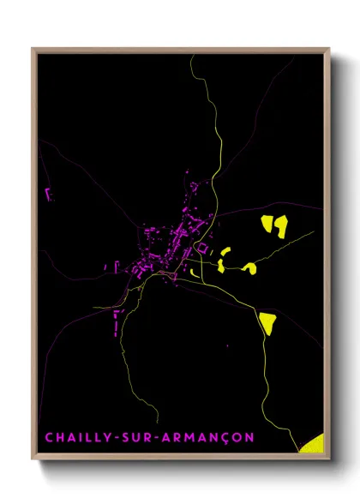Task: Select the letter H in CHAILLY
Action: (60, 438)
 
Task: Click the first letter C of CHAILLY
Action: (49, 438)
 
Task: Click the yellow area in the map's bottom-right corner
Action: (313, 442)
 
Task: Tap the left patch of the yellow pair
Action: (266, 225)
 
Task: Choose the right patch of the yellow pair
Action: (280, 225)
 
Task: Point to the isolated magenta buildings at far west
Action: (47, 193)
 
